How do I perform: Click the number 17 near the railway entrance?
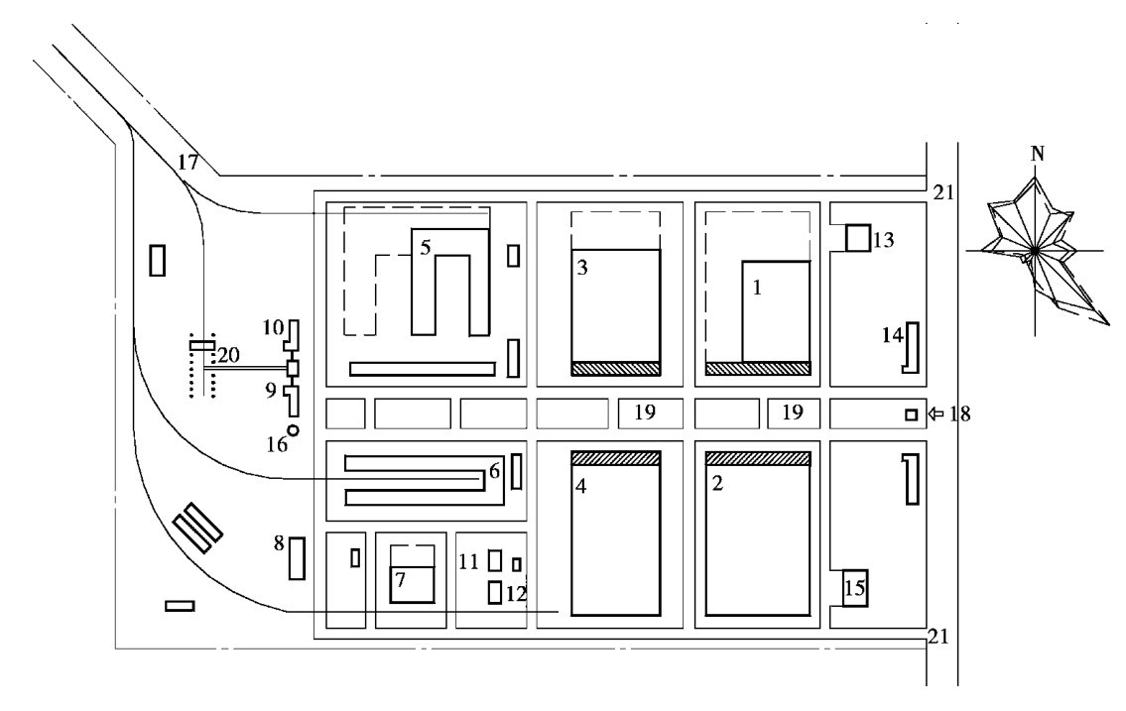point(188,163)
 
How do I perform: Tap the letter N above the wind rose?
point(1037,154)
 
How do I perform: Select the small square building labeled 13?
point(857,238)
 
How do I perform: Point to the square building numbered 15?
point(854,588)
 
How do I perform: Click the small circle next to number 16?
point(293,430)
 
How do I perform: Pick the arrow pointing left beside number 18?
point(936,414)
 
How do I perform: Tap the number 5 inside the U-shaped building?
point(426,248)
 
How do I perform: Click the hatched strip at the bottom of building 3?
point(615,368)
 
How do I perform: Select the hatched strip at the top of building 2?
point(758,458)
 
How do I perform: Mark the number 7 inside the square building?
point(400,579)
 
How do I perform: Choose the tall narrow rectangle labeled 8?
point(297,558)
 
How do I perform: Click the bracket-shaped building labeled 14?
point(912,348)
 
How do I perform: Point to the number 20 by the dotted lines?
point(228,355)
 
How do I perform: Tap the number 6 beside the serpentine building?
point(494,471)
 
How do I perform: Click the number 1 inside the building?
point(756,288)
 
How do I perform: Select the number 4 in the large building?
point(581,487)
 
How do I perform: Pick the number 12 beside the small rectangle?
point(516,593)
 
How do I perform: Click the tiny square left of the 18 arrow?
point(912,415)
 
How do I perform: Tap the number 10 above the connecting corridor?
point(273,328)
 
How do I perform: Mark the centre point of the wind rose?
point(1035,251)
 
